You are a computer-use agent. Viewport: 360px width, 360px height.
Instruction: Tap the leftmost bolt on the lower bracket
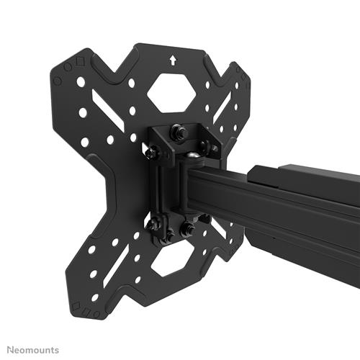click(x=153, y=225)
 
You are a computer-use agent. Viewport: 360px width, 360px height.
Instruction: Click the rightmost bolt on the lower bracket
click(x=187, y=230)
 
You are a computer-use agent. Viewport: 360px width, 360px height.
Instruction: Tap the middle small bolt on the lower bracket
click(x=169, y=235)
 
